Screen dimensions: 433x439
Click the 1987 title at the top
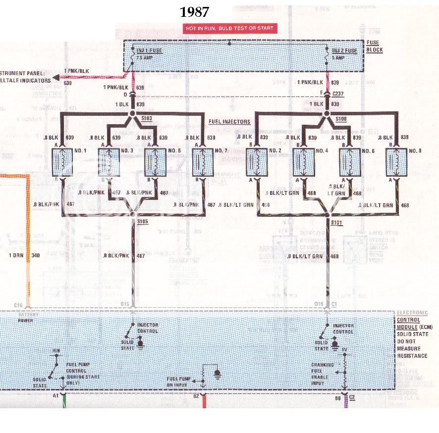[x=194, y=12]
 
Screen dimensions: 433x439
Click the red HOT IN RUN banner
[x=229, y=28]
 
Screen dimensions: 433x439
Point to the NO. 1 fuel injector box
[x=62, y=162]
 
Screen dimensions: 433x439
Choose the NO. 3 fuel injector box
[x=109, y=162]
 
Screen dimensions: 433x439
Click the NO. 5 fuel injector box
[x=155, y=162]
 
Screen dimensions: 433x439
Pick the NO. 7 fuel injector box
[x=201, y=162]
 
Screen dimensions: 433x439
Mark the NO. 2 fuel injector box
[x=257, y=162]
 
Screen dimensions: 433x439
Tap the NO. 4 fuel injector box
[x=303, y=162]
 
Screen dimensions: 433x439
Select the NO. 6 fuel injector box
[x=349, y=162]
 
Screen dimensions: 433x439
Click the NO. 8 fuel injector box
[x=396, y=162]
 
